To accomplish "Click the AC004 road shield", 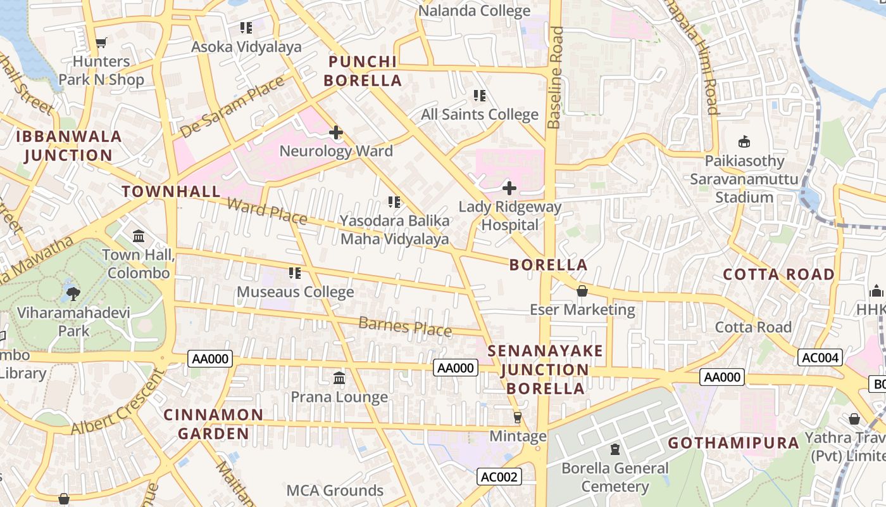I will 820,357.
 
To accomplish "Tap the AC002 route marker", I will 499,477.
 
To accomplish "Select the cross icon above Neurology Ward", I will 336,132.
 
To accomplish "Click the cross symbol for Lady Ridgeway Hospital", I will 509,188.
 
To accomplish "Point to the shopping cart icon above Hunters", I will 101,43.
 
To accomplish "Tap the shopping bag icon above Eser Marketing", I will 582,291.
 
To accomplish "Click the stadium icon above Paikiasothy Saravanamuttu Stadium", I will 744,142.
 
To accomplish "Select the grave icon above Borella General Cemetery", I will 615,449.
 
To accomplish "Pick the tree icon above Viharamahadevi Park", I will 73,293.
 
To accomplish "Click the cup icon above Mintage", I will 518,418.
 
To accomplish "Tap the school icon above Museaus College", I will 295,273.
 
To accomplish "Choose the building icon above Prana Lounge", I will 339,378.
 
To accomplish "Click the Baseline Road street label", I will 556,77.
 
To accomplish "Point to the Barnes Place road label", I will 405,326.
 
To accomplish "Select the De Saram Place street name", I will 232,106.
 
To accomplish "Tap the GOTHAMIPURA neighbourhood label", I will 733,443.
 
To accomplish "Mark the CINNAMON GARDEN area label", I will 213,424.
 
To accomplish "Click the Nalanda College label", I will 475,11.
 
